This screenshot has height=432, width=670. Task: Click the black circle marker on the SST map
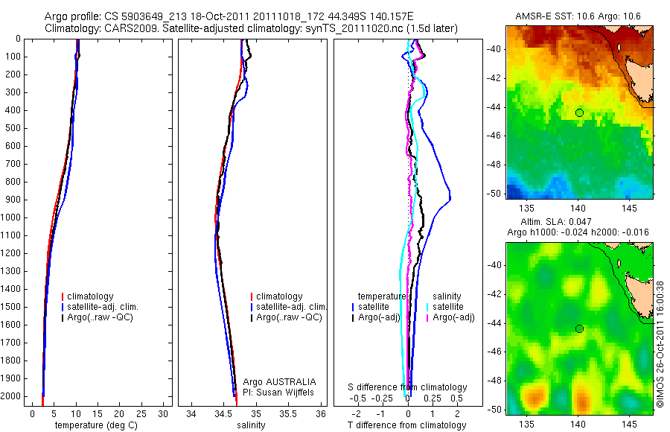[x=579, y=112]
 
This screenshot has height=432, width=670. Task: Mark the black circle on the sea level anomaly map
[x=579, y=328]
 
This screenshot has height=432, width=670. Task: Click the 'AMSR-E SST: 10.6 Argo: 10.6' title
[x=578, y=16]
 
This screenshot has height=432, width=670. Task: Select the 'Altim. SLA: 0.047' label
[x=578, y=223]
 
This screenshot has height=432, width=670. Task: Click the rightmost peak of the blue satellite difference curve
[x=450, y=200]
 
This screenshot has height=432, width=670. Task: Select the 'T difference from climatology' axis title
[x=406, y=425]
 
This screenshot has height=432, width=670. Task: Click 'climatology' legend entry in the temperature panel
[x=90, y=296]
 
